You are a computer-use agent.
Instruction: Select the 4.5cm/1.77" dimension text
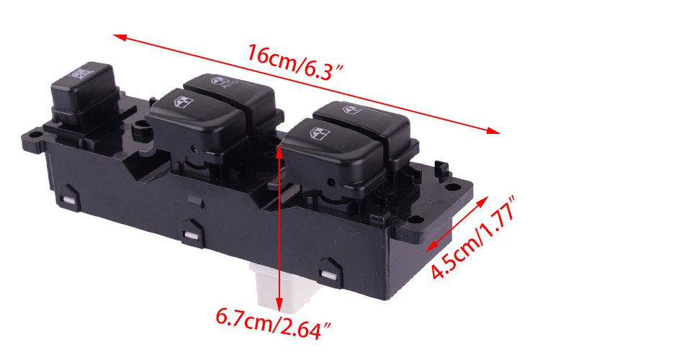point(474,238)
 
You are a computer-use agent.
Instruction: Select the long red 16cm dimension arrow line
point(307,84)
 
